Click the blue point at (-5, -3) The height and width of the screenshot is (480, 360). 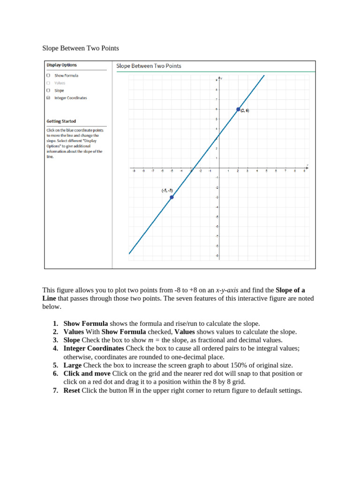172,197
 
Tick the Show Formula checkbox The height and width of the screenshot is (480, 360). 48,75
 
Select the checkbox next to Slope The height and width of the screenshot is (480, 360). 48,90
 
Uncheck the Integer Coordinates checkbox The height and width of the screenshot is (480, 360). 48,98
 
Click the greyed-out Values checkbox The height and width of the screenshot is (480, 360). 48,83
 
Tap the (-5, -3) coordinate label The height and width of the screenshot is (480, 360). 167,191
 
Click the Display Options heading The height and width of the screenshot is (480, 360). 61,65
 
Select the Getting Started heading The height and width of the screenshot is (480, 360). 61,121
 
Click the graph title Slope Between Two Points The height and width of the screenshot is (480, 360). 149,66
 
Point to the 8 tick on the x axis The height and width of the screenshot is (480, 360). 295,171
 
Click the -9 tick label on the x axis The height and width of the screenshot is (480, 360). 134,171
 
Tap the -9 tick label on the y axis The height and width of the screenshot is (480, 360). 217,256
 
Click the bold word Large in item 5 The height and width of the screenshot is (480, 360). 73,365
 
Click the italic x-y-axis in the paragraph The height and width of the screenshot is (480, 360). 227,290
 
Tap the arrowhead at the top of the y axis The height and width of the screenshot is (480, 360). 219,78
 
